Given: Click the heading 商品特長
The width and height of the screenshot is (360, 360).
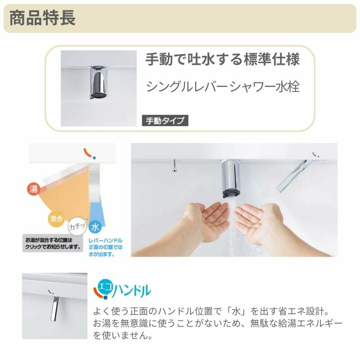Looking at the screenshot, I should click(x=42, y=18).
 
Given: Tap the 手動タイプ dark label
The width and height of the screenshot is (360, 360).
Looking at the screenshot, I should click(x=164, y=121).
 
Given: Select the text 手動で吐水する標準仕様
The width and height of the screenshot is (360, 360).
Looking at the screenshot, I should click(x=222, y=59).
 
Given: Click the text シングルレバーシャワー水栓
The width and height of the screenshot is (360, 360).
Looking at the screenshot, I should click(x=222, y=86).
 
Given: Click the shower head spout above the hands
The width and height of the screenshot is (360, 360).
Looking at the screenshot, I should click(x=231, y=178).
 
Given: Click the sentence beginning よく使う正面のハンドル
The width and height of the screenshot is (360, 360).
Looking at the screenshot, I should click(x=211, y=312).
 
